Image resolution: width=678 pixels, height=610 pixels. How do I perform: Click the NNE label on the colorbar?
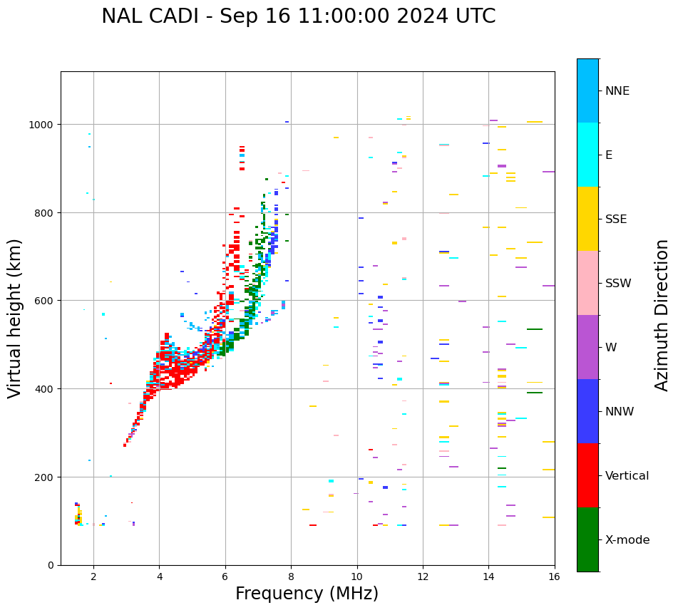click(617, 91)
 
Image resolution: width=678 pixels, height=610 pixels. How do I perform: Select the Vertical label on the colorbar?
click(627, 476)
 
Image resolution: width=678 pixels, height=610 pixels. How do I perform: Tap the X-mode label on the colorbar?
click(627, 540)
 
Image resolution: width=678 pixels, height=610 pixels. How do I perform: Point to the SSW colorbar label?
click(618, 284)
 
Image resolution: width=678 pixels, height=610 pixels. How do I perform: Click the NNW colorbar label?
click(620, 412)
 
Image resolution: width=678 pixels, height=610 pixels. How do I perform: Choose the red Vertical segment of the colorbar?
click(587, 475)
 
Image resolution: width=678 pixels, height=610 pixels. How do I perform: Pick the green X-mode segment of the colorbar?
click(587, 539)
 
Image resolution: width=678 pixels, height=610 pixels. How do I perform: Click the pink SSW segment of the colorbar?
click(587, 283)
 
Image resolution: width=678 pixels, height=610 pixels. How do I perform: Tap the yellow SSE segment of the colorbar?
click(587, 219)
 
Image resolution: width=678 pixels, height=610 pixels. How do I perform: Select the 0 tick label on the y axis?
click(51, 565)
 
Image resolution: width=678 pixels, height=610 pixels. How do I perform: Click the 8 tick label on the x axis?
click(291, 577)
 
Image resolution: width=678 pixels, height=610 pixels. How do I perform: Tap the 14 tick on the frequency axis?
click(488, 577)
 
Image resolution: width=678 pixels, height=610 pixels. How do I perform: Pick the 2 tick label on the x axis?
click(93, 577)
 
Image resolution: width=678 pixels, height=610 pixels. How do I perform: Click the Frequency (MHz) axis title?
click(307, 594)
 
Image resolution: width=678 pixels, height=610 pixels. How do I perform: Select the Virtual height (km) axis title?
click(15, 318)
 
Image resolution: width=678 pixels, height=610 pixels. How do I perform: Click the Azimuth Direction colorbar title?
click(662, 315)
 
